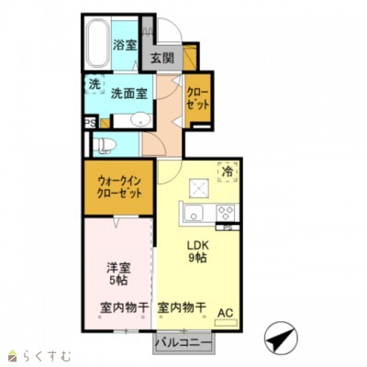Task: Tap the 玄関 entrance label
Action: click(162, 58)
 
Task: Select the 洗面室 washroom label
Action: click(129, 92)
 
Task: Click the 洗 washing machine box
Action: click(95, 84)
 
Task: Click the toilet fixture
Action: click(104, 144)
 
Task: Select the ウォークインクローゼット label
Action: click(118, 187)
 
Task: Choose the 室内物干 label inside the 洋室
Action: click(118, 307)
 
